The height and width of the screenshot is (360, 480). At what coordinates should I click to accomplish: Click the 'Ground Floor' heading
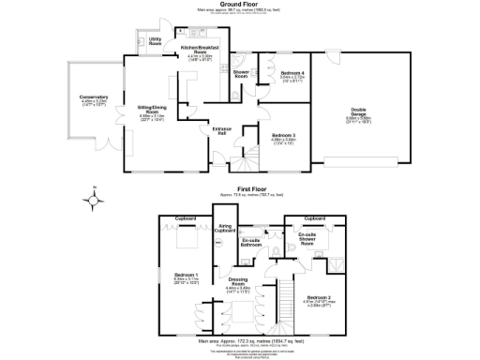click(240, 5)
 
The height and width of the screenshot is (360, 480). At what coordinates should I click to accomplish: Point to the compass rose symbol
click(92, 199)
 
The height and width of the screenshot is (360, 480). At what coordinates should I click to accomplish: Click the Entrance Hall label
click(222, 129)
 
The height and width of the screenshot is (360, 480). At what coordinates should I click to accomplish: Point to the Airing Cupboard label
click(225, 229)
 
